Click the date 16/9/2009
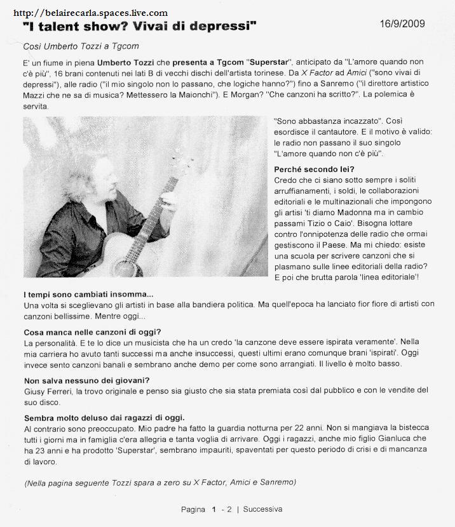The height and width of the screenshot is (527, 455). [x=402, y=24]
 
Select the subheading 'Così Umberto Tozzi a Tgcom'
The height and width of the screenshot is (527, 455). [x=81, y=46]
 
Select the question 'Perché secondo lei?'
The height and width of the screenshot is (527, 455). [x=314, y=169]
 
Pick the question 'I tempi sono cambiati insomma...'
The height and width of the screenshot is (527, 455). [x=88, y=294]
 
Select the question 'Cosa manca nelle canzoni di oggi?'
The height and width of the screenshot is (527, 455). [x=92, y=332]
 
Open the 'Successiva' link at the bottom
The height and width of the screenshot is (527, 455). [x=262, y=509]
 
